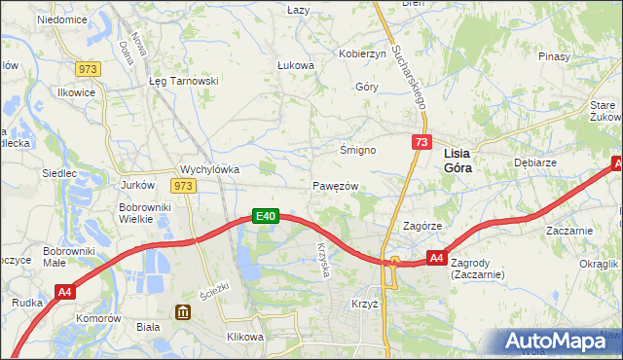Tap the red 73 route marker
tap(421, 143)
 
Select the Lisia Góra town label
tap(464, 161)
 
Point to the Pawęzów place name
tap(337, 186)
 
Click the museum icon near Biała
tap(183, 311)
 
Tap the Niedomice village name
tap(61, 19)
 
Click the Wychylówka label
tap(210, 168)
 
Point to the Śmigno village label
tap(357, 150)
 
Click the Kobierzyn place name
tap(362, 54)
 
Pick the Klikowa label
tap(245, 337)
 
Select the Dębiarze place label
tap(533, 164)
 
